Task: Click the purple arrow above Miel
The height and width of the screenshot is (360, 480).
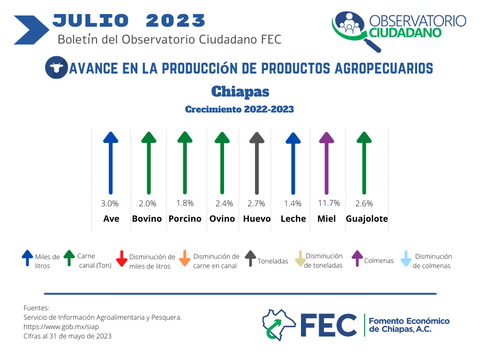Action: (x=327, y=163)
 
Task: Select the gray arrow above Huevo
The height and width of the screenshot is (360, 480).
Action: (x=257, y=163)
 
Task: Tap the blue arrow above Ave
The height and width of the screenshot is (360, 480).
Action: (x=111, y=163)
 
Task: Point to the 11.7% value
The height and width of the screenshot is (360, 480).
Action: (x=329, y=203)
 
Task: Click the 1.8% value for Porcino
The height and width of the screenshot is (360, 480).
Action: (x=185, y=203)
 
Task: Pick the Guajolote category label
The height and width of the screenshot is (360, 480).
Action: (x=367, y=218)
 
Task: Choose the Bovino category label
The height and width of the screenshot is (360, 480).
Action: (x=147, y=218)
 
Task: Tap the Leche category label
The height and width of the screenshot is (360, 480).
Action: (x=293, y=218)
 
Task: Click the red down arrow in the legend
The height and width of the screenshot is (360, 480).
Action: (x=122, y=259)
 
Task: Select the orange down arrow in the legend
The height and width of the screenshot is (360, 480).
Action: (x=185, y=258)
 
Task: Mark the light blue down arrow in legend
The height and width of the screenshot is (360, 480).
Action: (x=406, y=259)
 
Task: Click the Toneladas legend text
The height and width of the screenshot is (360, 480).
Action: (x=273, y=261)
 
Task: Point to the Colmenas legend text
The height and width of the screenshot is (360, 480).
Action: (x=379, y=261)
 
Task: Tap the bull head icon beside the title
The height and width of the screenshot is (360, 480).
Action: (x=56, y=67)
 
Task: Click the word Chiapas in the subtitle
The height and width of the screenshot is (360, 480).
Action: (x=240, y=91)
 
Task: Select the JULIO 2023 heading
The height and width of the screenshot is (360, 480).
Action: (x=129, y=21)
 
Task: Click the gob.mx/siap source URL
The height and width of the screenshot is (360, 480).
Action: (x=61, y=327)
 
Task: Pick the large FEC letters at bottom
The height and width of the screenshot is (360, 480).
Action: (x=329, y=325)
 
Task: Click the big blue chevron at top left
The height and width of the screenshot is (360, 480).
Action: (x=31, y=30)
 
